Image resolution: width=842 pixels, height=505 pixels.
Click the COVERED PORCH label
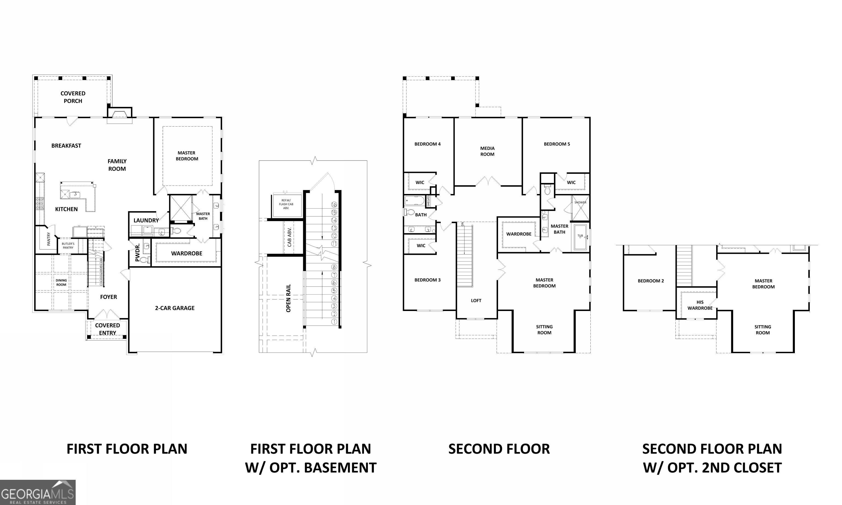[x=73, y=97]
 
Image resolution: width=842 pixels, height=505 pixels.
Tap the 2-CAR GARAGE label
[x=175, y=308]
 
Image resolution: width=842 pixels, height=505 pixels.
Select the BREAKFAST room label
[x=66, y=146]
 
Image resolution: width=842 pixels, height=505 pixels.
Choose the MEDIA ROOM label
[x=487, y=151]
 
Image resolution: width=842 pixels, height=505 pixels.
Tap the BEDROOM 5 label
[x=557, y=144]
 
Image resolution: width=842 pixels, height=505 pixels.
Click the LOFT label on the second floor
[x=476, y=301]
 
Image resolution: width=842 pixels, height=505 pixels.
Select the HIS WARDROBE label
[x=700, y=305]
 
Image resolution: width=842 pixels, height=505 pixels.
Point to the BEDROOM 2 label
[x=651, y=281]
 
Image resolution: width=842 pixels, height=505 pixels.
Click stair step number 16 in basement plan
[x=334, y=204]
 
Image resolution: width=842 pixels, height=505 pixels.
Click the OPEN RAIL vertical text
[x=289, y=298]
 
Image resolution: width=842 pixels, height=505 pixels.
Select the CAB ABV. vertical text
[x=289, y=237]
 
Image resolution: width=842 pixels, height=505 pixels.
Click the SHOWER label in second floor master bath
[x=580, y=202]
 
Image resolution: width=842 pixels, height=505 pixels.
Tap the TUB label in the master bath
[x=580, y=235]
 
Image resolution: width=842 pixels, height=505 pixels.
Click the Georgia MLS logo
[x=38, y=492]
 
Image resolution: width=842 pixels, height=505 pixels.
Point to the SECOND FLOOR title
[x=499, y=449]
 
